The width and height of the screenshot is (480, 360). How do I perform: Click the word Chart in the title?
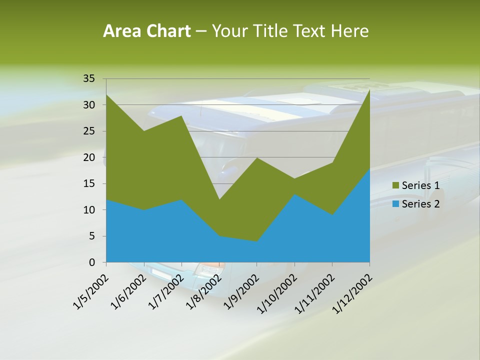[x=166, y=31]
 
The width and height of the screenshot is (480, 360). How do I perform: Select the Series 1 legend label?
[x=420, y=186]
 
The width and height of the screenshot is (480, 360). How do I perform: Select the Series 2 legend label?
[x=420, y=204]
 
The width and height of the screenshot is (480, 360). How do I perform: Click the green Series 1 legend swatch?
[x=396, y=186]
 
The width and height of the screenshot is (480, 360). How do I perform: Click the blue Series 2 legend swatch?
[x=396, y=204]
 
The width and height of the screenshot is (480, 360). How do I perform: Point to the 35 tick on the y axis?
[x=89, y=78]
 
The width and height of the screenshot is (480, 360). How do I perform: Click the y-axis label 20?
[x=89, y=157]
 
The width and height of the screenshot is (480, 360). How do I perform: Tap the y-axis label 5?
[x=91, y=236]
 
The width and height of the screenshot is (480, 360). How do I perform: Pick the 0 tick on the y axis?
[x=91, y=262]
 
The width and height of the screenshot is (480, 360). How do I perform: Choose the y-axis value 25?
[x=89, y=131]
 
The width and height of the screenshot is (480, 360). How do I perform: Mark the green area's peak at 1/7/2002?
[x=181, y=116]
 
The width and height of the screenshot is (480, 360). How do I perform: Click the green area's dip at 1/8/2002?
[x=219, y=199]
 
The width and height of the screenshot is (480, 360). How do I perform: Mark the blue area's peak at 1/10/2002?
[x=294, y=194]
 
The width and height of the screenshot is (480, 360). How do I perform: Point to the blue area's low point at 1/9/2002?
[x=256, y=241]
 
